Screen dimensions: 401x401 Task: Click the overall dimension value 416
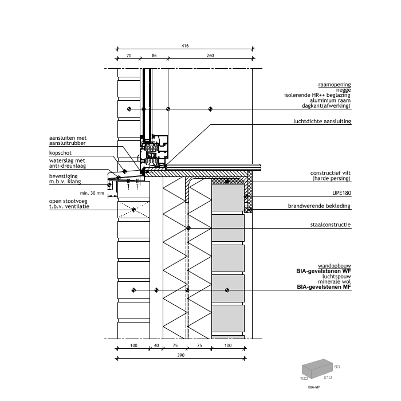click(185, 45)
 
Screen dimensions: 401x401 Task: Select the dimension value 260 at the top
click(210, 56)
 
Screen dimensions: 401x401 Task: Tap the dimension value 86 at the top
click(154, 56)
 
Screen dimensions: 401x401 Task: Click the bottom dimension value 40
click(156, 346)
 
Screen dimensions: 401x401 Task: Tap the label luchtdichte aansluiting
click(321, 121)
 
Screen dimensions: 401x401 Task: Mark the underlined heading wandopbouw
click(335, 266)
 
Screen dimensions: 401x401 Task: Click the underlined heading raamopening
click(334, 84)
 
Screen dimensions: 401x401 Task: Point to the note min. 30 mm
click(92, 193)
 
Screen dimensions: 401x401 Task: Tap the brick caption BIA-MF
click(313, 387)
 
